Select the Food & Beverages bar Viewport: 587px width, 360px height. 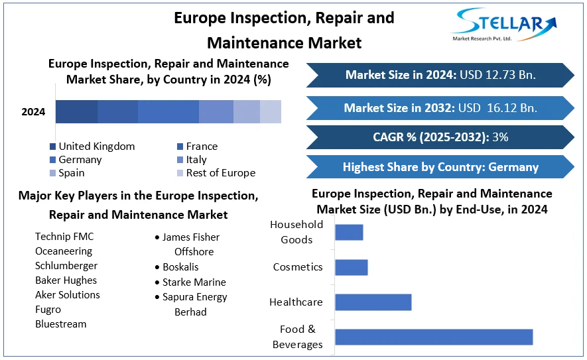tap(434, 337)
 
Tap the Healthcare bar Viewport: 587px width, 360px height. tap(373, 302)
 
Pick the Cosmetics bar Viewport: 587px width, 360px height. tap(351, 267)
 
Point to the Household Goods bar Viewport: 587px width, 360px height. tap(349, 232)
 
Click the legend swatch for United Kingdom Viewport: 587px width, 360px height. tap(52, 147)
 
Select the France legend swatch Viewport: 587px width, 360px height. tap(180, 147)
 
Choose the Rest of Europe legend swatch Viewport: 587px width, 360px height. tap(180, 173)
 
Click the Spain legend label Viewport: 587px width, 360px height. tap(72, 173)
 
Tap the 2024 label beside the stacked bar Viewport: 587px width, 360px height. tap(33, 112)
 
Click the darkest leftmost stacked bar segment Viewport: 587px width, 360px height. tap(76, 112)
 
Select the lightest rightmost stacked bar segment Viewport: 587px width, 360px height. tap(271, 112)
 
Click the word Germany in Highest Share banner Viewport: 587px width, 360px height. tap(513, 167)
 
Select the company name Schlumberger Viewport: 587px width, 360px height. tap(66, 266)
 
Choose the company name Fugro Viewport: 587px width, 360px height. tap(48, 310)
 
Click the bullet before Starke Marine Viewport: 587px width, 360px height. tap(157, 282)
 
